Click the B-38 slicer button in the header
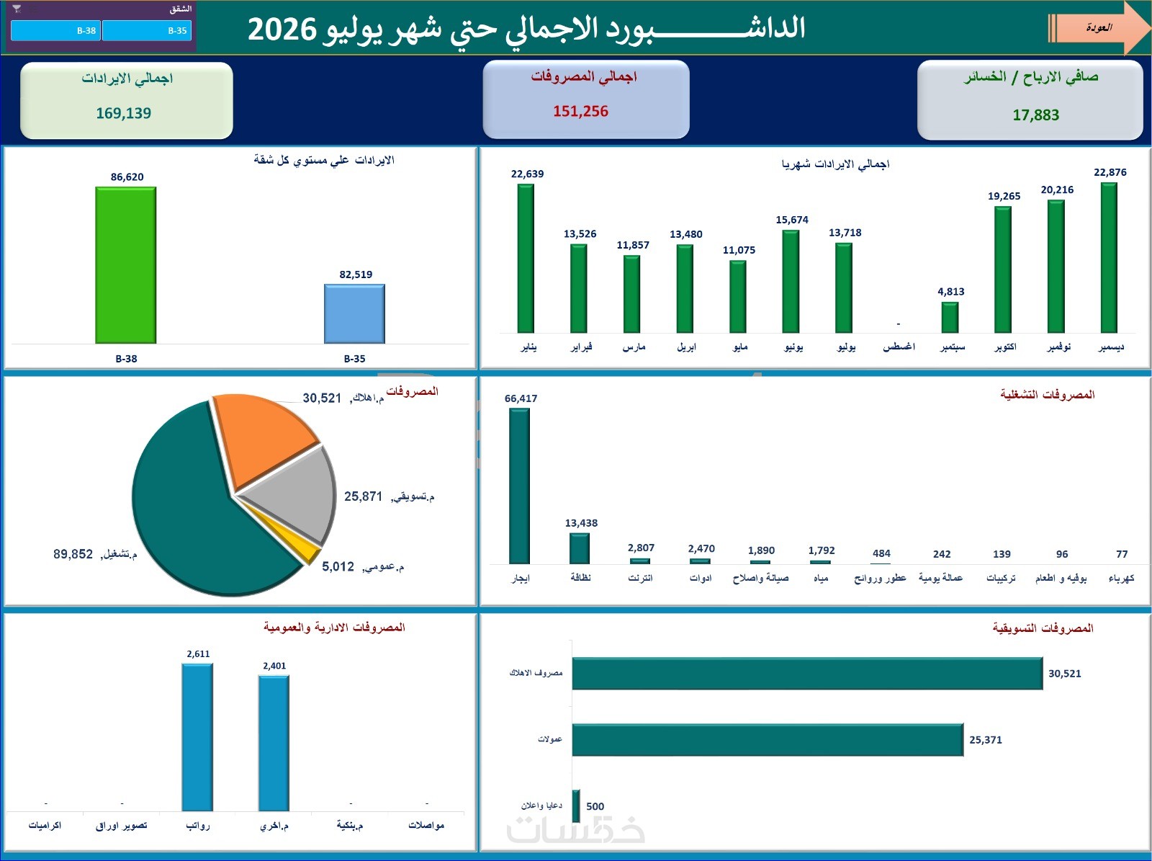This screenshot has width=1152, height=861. pyautogui.click(x=55, y=30)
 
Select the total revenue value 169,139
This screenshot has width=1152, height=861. pyautogui.click(x=123, y=113)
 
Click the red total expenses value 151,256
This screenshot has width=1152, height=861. pyautogui.click(x=580, y=111)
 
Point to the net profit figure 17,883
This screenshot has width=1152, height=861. pyautogui.click(x=1035, y=115)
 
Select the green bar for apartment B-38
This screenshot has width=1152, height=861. pyautogui.click(x=125, y=265)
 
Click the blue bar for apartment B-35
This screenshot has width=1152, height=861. pyautogui.click(x=354, y=314)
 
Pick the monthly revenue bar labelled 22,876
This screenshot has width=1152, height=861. pyautogui.click(x=1108, y=258)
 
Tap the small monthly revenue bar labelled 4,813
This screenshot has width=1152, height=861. pyautogui.click(x=950, y=317)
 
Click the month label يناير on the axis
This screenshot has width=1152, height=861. pyautogui.click(x=528, y=347)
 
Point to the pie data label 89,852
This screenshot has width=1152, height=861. pyautogui.click(x=73, y=554)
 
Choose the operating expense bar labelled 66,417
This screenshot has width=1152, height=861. pyautogui.click(x=519, y=486)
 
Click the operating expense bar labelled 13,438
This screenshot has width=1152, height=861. pyautogui.click(x=580, y=548)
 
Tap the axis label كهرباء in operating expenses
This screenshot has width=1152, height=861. pyautogui.click(x=1121, y=578)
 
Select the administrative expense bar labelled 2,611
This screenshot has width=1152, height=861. pyautogui.click(x=197, y=737)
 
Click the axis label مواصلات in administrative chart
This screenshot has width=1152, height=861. pyautogui.click(x=426, y=825)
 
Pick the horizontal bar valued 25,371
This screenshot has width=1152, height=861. pyautogui.click(x=768, y=740)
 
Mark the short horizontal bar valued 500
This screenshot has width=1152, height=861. pyautogui.click(x=576, y=806)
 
